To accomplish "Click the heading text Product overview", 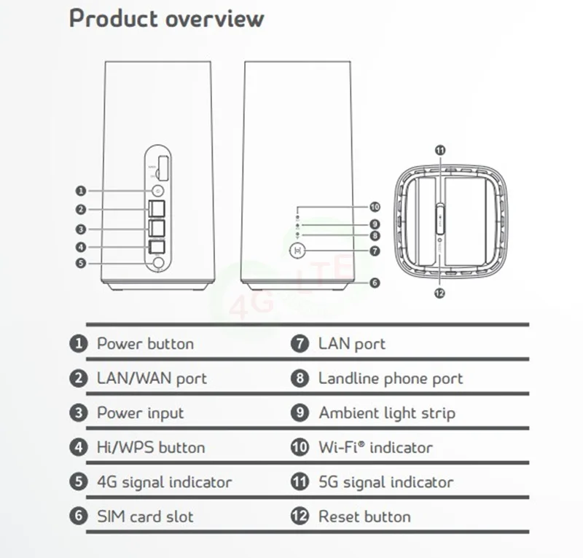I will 166,19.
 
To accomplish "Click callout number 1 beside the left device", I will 81,191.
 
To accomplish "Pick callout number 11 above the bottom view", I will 439,150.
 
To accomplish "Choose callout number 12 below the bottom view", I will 439,294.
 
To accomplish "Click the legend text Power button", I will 145,344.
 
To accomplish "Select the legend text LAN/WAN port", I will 152,379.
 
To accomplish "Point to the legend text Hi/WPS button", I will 151,447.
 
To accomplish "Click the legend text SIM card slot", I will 145,516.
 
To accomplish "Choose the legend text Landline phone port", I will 390,379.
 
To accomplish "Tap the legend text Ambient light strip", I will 386,413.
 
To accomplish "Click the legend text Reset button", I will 364,516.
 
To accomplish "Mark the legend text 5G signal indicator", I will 386,482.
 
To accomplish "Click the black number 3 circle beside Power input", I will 79,413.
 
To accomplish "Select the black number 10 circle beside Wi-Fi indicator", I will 300,447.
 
